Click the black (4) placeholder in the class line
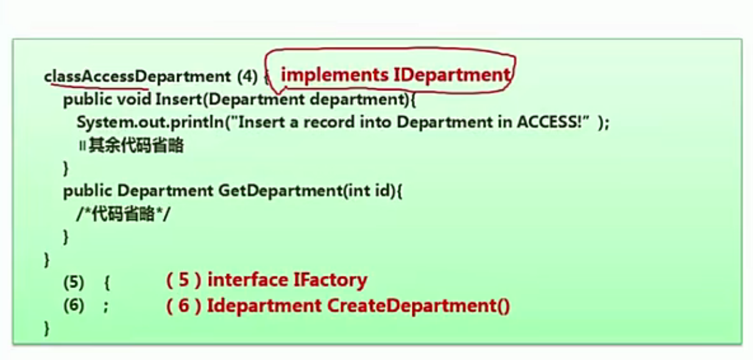(247, 77)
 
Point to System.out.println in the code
(150, 122)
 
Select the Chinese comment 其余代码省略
(136, 146)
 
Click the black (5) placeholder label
(74, 283)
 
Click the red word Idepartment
(264, 305)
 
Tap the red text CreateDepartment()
(419, 305)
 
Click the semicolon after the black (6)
(106, 306)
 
